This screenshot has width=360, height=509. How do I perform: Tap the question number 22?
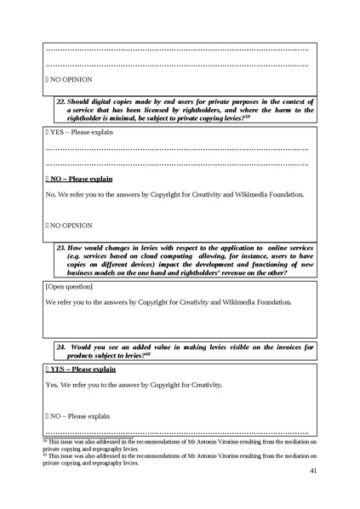(x=61, y=100)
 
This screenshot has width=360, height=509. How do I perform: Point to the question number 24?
(x=61, y=346)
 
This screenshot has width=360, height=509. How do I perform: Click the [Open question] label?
(x=69, y=287)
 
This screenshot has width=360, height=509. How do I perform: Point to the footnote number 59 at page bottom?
(x=44, y=440)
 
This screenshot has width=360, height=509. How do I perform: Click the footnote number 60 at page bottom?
(x=44, y=455)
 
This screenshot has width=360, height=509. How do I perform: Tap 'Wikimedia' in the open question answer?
(x=249, y=302)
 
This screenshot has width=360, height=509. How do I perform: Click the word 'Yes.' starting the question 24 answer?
(x=53, y=385)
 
